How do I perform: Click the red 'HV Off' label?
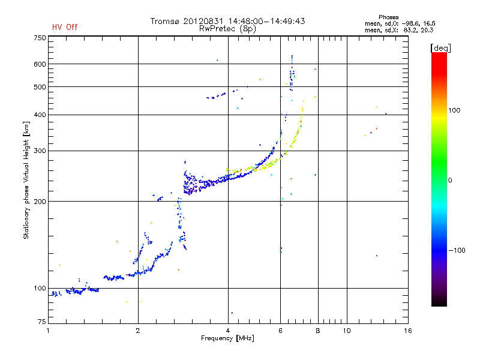pyautogui.click(x=65, y=27)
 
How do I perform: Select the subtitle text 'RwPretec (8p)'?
pyautogui.click(x=227, y=29)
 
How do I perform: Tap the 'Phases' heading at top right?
pyautogui.click(x=388, y=17)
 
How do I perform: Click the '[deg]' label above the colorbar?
pyautogui.click(x=440, y=49)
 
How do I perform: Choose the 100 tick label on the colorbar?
pyautogui.click(x=454, y=110)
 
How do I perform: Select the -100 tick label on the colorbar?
pyautogui.click(x=457, y=250)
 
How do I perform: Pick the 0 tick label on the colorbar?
pyautogui.click(x=450, y=181)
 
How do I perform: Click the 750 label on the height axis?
pyautogui.click(x=40, y=38)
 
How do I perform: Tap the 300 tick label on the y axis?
pyautogui.click(x=40, y=151)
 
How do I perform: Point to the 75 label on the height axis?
pyautogui.click(x=42, y=322)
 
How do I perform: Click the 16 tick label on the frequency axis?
pyautogui.click(x=408, y=331)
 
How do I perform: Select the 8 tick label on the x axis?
pyautogui.click(x=318, y=331)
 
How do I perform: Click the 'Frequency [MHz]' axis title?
pyautogui.click(x=227, y=338)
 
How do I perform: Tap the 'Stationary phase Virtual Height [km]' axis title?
pyautogui.click(x=26, y=180)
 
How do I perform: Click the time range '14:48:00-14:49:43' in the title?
pyautogui.click(x=266, y=21)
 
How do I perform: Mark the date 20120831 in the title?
pyautogui.click(x=203, y=21)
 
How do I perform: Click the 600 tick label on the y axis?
pyautogui.click(x=40, y=64)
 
